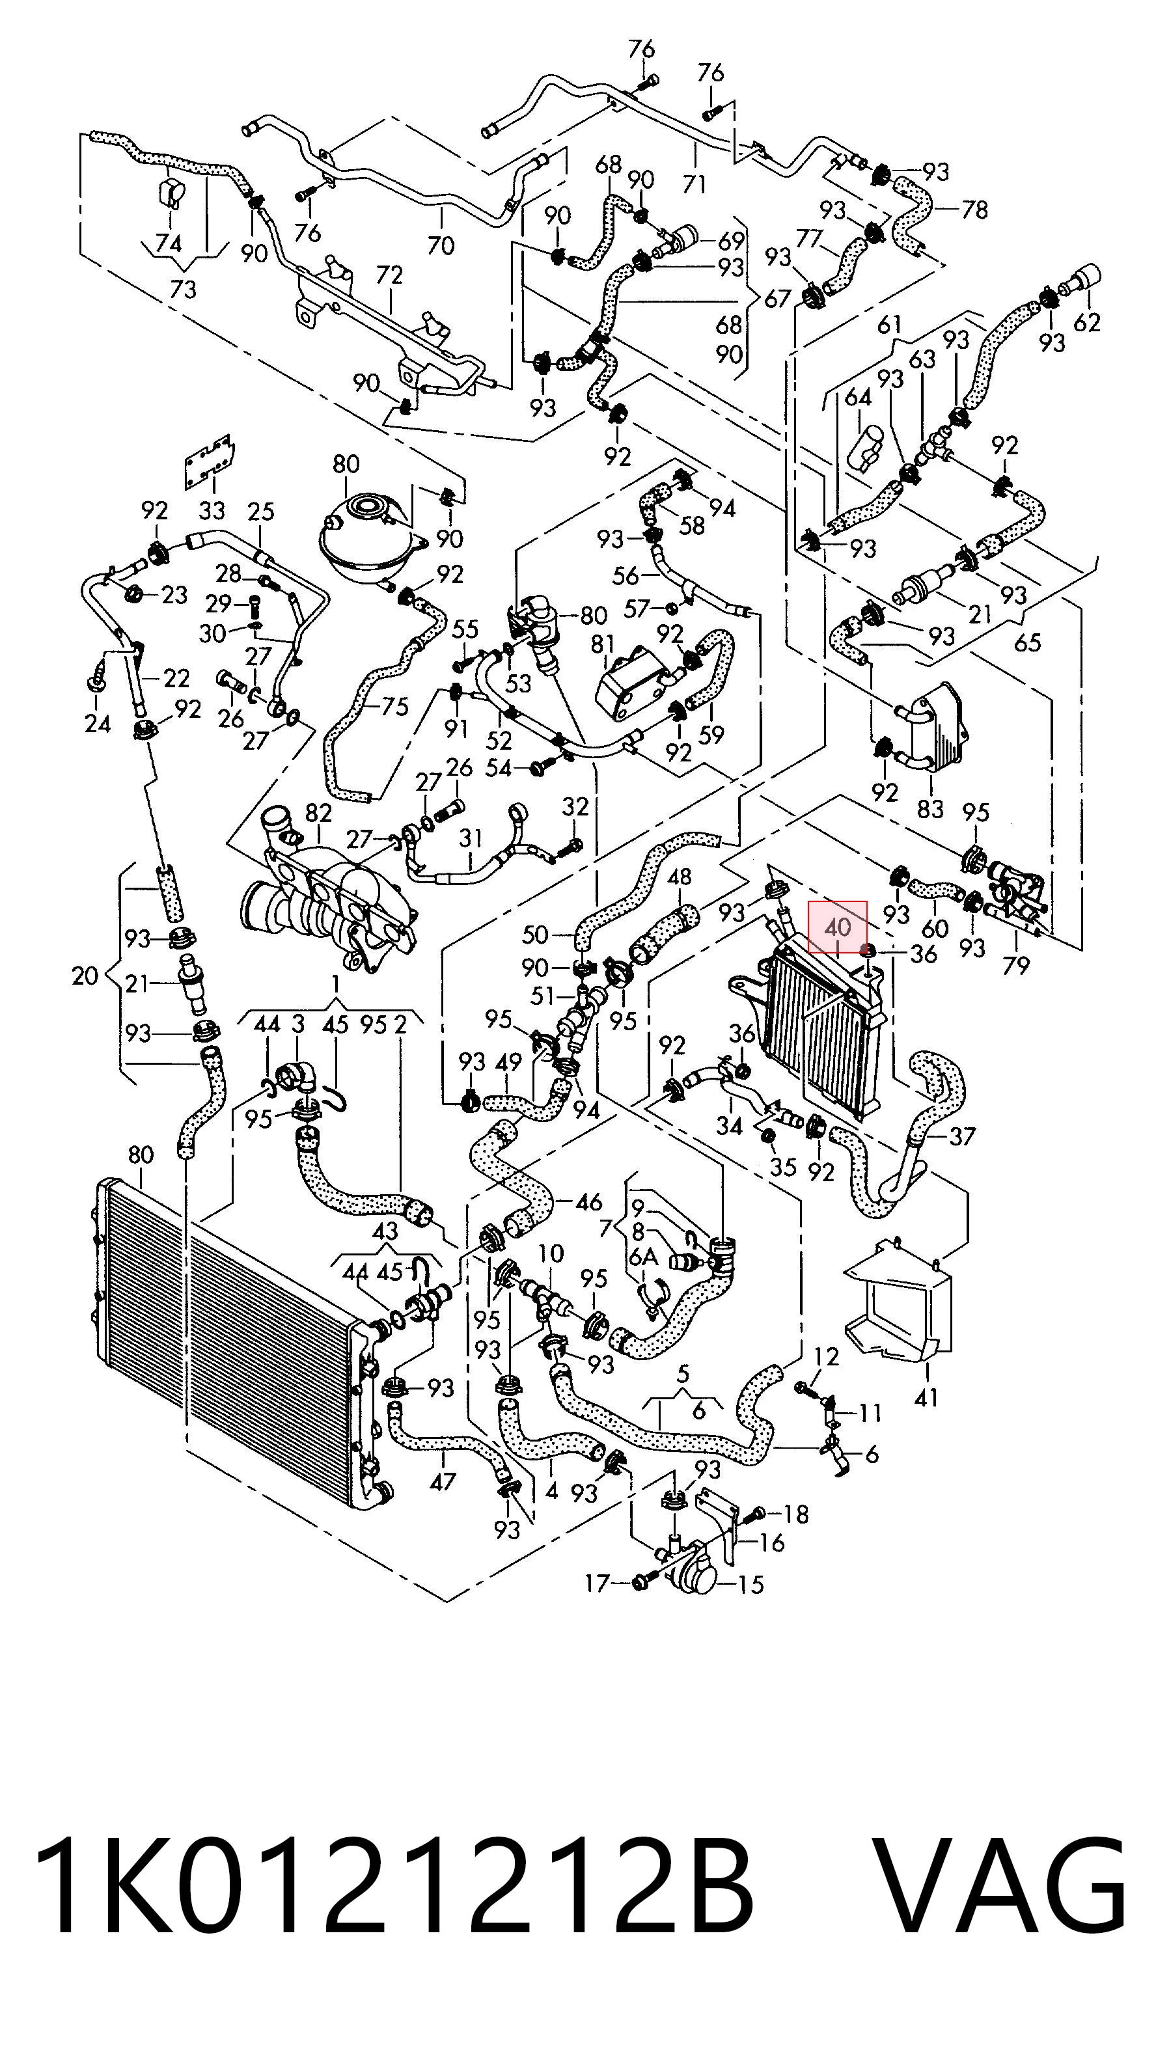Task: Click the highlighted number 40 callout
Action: [837, 927]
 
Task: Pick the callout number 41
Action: [926, 1397]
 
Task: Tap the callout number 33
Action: [212, 509]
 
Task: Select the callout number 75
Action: [394, 707]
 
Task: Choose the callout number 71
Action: [695, 184]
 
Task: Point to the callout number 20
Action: [85, 975]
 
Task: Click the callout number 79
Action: [1015, 965]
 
